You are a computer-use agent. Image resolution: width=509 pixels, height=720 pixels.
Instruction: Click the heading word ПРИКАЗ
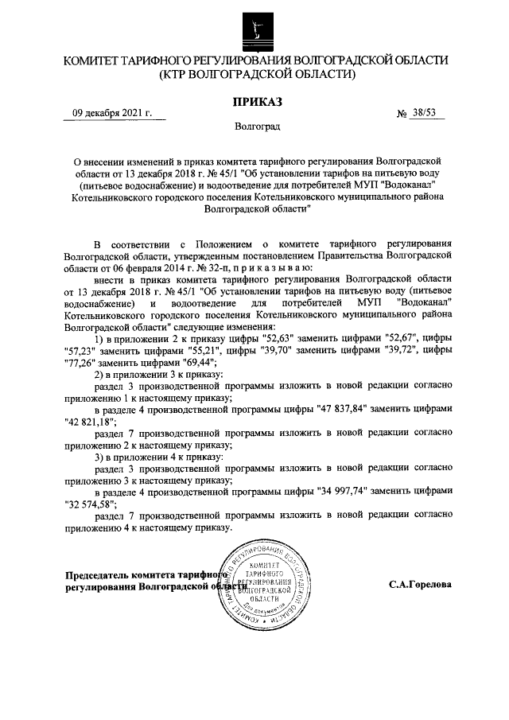(256, 101)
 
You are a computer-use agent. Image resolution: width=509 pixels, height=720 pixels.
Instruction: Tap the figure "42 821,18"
(89, 420)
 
